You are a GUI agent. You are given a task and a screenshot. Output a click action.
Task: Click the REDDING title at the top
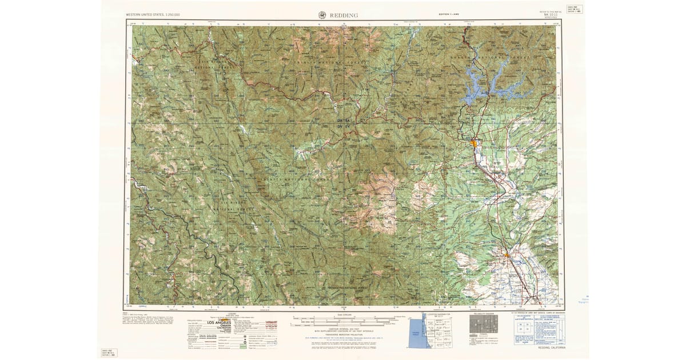coord(344,15)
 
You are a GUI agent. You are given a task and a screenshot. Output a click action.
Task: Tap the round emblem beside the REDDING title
coord(322,15)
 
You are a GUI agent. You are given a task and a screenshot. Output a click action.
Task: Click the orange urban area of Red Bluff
coord(506,254)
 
